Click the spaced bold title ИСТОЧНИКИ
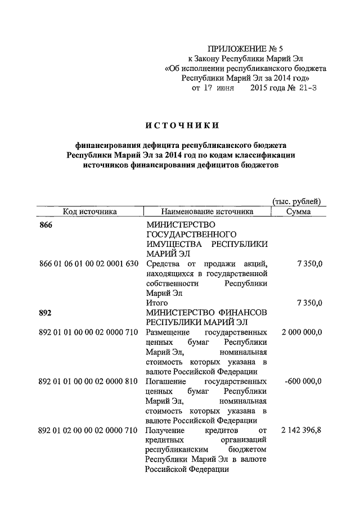[181, 124]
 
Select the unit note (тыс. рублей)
[297, 201]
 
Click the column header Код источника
[90, 211]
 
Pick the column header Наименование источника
[207, 211]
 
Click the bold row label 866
[46, 225]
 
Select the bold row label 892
[46, 313]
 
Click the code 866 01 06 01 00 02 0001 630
[88, 264]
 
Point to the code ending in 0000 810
[88, 381]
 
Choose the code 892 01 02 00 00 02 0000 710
[88, 430]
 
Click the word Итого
[157, 303]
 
